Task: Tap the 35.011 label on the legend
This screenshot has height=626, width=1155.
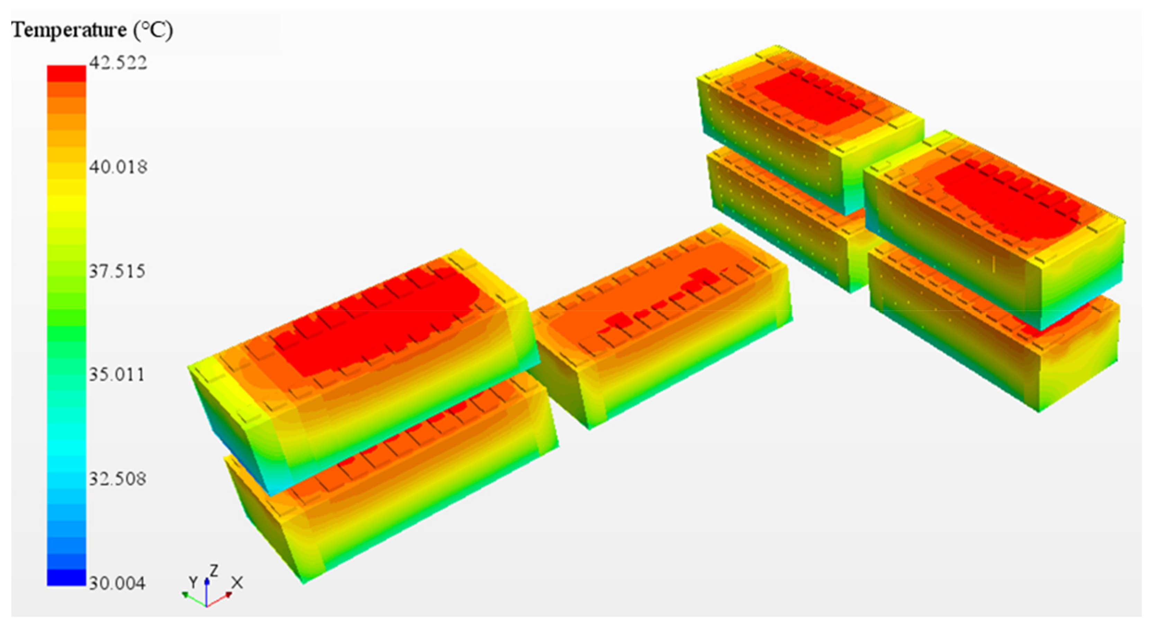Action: coord(117,374)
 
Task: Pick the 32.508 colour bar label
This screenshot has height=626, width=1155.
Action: coord(117,479)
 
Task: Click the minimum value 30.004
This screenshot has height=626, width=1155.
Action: coord(117,583)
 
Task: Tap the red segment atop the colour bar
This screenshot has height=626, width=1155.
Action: coord(66,73)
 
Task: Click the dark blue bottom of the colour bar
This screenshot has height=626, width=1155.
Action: coord(66,577)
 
